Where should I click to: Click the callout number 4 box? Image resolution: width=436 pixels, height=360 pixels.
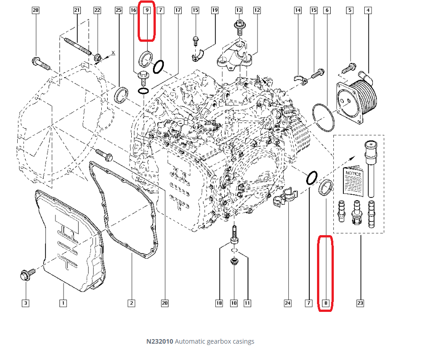tap(368, 10)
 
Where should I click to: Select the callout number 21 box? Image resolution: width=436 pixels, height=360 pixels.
tap(77, 10)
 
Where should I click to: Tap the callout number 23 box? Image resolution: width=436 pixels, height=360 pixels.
tap(360, 303)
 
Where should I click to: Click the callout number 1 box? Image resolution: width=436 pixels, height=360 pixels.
tap(63, 303)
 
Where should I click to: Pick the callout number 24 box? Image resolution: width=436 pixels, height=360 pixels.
tap(287, 303)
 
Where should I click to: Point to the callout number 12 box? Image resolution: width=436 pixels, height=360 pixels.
tap(257, 10)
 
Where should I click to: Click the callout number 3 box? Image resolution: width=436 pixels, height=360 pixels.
tap(26, 303)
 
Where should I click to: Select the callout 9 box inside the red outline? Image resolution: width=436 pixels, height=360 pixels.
tap(147, 10)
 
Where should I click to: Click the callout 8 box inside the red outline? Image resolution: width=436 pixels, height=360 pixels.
tap(326, 303)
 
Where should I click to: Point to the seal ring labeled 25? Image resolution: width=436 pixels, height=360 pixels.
tap(121, 95)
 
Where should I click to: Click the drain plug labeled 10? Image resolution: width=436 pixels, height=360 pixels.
tap(234, 262)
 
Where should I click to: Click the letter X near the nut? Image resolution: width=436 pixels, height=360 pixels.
tap(113, 53)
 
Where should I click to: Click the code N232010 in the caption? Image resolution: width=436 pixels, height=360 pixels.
tap(159, 341)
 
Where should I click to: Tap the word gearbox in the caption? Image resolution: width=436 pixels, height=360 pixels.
tap(218, 341)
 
